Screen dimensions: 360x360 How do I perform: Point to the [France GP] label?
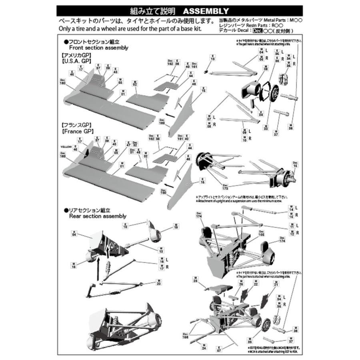[x=78, y=131]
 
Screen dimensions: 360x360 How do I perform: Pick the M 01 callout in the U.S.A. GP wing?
[x=123, y=93]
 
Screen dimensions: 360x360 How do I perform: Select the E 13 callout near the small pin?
[x=212, y=58]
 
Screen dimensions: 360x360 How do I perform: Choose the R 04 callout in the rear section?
[x=74, y=233]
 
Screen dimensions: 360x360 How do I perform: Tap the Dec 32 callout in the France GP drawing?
[x=135, y=144]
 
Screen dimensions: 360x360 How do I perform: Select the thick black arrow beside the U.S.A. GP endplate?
[x=169, y=115]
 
